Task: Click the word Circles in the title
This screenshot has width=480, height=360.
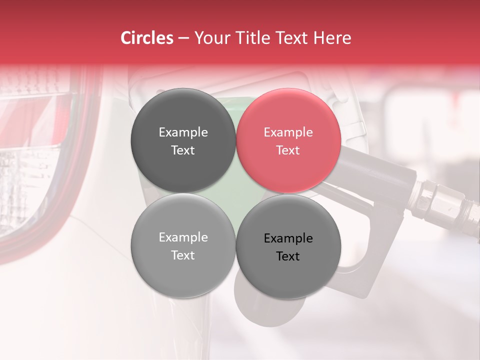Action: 146,38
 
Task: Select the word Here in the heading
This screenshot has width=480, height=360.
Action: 333,38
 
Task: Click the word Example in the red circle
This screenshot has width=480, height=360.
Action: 288,132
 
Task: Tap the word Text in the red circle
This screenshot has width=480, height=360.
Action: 288,150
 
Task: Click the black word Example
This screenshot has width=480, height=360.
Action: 288,238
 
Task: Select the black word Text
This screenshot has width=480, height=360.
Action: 288,256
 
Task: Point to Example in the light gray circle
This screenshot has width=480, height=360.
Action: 183,237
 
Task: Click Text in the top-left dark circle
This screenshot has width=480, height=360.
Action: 183,150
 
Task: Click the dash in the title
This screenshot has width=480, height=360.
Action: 183,38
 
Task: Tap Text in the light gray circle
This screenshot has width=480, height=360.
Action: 183,255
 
